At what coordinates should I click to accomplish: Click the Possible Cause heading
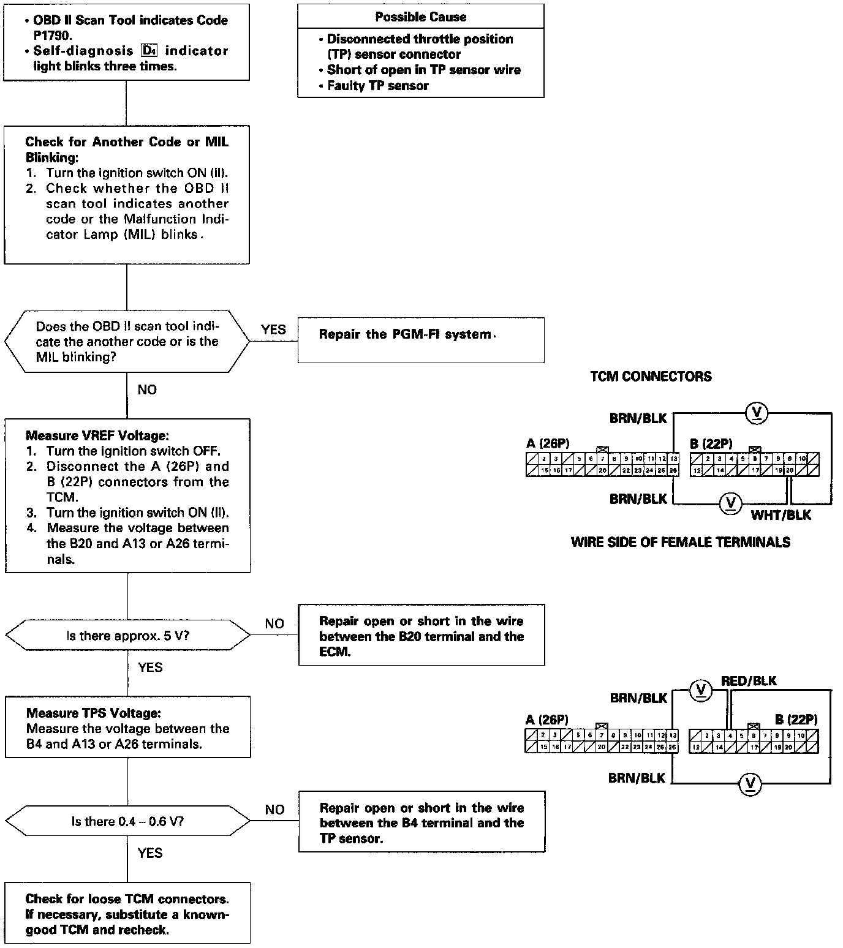(420, 17)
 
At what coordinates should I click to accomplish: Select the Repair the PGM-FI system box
(421, 340)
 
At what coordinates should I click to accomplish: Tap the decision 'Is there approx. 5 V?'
(127, 636)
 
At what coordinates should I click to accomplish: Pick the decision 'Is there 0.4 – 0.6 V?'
(127, 822)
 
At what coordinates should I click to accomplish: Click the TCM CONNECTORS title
(651, 377)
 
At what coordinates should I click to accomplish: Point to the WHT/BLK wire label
(781, 515)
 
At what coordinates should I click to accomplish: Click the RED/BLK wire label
(749, 681)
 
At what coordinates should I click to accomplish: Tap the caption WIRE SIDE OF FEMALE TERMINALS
(680, 542)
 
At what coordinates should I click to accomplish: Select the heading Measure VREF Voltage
(97, 436)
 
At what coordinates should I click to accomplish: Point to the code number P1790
(54, 36)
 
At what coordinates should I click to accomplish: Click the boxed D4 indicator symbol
(149, 51)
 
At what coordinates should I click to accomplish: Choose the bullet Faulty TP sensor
(377, 86)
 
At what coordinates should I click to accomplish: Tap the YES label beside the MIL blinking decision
(273, 329)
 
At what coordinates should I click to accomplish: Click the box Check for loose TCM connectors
(127, 914)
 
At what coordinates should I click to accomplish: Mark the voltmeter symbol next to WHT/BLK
(730, 503)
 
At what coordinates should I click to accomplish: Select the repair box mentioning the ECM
(421, 636)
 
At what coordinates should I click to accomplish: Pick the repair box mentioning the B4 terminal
(421, 822)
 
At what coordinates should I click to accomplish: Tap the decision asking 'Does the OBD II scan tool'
(127, 342)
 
